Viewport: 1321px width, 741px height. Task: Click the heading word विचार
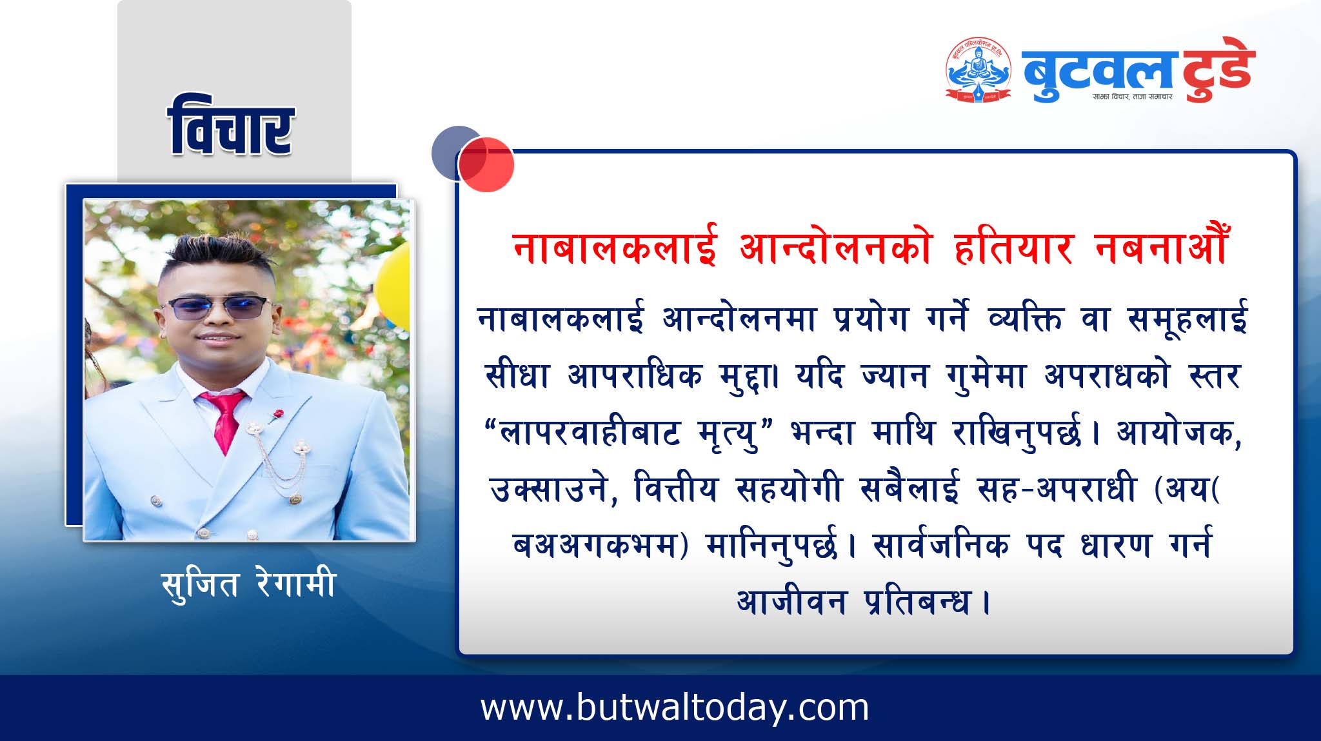click(x=231, y=125)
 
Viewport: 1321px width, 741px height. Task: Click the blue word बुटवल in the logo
click(x=1097, y=71)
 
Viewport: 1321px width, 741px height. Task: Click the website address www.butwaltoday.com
click(x=675, y=707)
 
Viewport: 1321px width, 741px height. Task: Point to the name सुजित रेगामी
click(x=249, y=584)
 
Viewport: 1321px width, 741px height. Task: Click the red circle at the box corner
click(x=486, y=164)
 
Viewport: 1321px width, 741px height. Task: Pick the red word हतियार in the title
click(x=1014, y=247)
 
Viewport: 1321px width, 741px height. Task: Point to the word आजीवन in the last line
click(x=791, y=602)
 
